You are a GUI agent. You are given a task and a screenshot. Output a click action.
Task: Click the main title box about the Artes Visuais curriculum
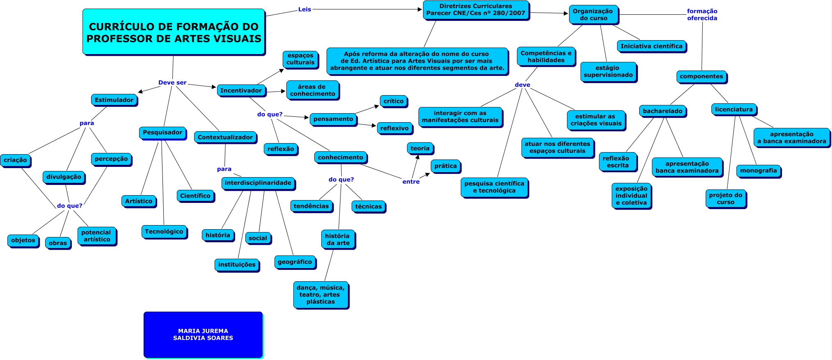(174, 32)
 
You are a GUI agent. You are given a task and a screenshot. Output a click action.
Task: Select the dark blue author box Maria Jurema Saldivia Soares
(203, 335)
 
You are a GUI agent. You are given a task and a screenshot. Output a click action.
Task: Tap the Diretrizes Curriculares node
(475, 10)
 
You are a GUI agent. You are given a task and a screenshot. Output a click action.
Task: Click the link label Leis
(304, 9)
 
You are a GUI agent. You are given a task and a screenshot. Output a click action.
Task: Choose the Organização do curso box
(593, 15)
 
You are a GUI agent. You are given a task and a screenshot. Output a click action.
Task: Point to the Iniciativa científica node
(651, 46)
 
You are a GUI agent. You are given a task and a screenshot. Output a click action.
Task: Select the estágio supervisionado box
(608, 72)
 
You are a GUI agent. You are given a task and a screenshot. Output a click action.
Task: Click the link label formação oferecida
(702, 15)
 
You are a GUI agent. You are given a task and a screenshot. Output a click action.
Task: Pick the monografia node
(759, 171)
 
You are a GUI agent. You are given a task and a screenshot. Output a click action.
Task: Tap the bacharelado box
(663, 111)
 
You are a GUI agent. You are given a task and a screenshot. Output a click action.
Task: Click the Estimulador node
(114, 100)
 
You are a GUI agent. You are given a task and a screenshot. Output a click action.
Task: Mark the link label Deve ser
(172, 83)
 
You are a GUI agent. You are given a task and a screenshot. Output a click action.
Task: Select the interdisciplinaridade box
(258, 183)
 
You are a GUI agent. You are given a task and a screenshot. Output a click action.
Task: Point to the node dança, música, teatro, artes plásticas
(320, 295)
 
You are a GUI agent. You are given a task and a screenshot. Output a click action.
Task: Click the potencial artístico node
(97, 236)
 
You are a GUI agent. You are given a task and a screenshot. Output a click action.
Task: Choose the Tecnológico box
(164, 232)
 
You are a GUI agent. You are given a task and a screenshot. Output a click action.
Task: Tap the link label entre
(411, 182)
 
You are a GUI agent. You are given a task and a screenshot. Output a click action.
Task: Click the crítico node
(393, 101)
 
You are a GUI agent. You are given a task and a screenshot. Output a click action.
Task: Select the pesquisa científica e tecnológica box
(494, 187)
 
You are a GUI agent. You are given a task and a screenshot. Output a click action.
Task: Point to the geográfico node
(295, 262)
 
